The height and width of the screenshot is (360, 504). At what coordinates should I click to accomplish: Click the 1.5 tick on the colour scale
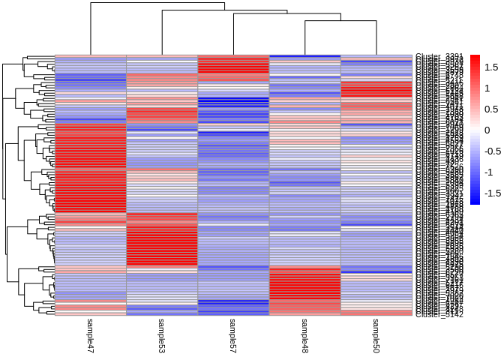tap(491, 67)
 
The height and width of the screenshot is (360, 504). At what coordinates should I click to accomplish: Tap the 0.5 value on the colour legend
tap(491, 109)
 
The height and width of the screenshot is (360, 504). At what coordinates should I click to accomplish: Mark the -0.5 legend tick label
tap(493, 151)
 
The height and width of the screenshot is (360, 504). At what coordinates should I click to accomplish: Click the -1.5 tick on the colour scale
tap(493, 193)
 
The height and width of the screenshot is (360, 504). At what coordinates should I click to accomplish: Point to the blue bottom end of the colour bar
tap(475, 202)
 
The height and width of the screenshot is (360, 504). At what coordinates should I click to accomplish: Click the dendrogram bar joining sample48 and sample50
tap(340, 21)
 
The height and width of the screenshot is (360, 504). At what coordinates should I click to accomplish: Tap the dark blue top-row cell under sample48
tap(304, 56)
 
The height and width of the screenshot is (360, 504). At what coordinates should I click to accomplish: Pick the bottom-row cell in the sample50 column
tap(376, 313)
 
